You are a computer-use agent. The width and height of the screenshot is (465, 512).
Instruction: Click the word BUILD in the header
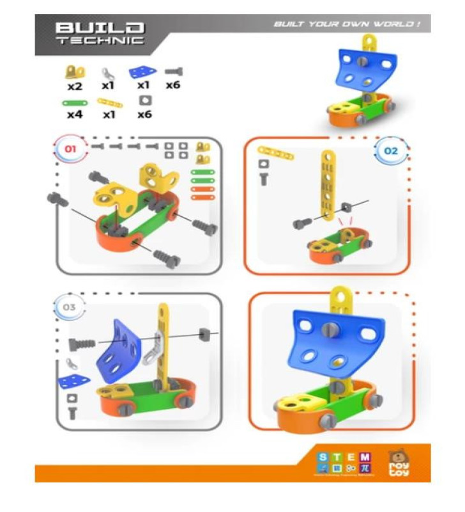tap(100, 28)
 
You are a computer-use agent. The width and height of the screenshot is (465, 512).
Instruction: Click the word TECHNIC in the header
tap(100, 40)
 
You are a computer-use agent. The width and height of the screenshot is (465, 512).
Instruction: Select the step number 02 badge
tap(390, 151)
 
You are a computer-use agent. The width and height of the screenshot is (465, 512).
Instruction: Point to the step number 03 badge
tap(70, 308)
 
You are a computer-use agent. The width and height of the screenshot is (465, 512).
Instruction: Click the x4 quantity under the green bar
tap(75, 115)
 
